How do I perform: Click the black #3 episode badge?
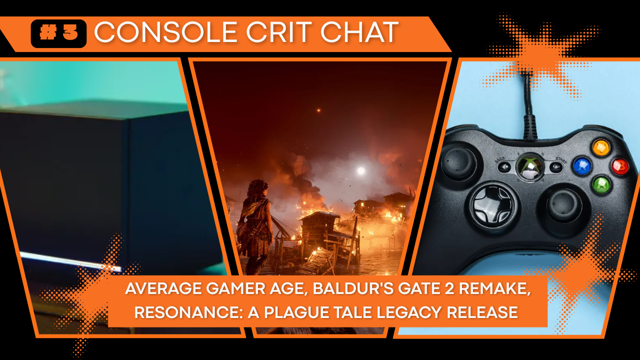[x=58, y=33]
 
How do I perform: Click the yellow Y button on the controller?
[x=601, y=147]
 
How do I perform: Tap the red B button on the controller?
[x=620, y=166]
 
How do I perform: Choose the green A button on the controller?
[x=601, y=185]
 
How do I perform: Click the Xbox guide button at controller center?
[x=530, y=167]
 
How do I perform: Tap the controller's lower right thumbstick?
[x=563, y=205]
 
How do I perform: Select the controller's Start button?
[x=556, y=167]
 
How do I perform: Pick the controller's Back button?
[x=504, y=167]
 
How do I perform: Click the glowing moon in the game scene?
[x=361, y=170]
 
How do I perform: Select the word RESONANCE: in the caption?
[x=188, y=312]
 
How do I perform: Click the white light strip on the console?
[x=70, y=261]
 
